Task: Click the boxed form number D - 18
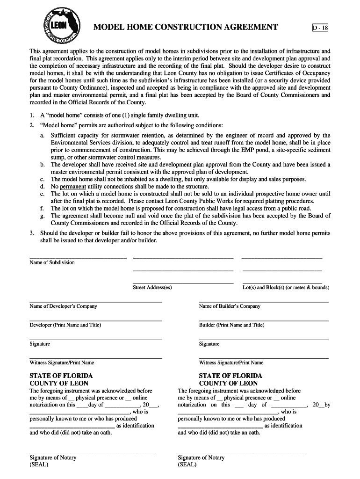coord(320,28)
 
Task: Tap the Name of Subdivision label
coord(52,262)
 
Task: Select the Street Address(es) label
coord(152,287)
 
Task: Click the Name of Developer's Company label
coord(63,306)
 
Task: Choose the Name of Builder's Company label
coord(230,306)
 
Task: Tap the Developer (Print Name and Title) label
coord(65,325)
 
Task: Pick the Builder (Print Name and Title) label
coord(231,325)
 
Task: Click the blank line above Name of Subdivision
coord(78,258)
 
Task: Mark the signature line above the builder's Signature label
coord(264,339)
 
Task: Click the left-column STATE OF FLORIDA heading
coord(61,376)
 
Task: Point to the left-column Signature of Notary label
coord(53,457)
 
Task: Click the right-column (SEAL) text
coord(187,464)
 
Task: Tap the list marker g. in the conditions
coord(42,216)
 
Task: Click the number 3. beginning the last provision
coord(32,233)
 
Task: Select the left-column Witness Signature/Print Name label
coord(62,363)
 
